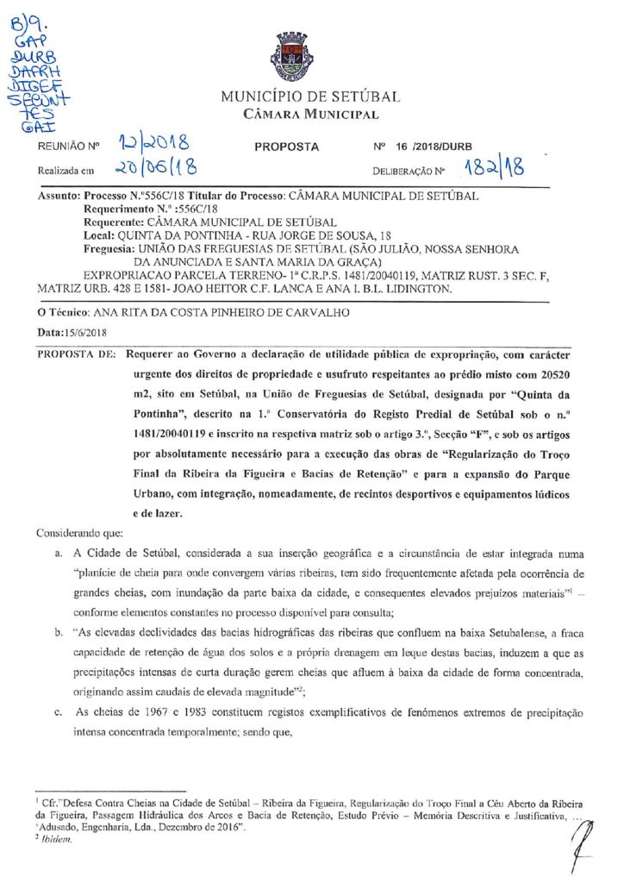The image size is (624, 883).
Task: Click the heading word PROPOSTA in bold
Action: tap(287, 147)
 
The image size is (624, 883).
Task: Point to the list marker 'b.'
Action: tap(58, 632)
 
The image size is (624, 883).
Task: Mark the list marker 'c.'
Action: tap(58, 713)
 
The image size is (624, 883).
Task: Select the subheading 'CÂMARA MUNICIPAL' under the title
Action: tap(310, 115)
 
